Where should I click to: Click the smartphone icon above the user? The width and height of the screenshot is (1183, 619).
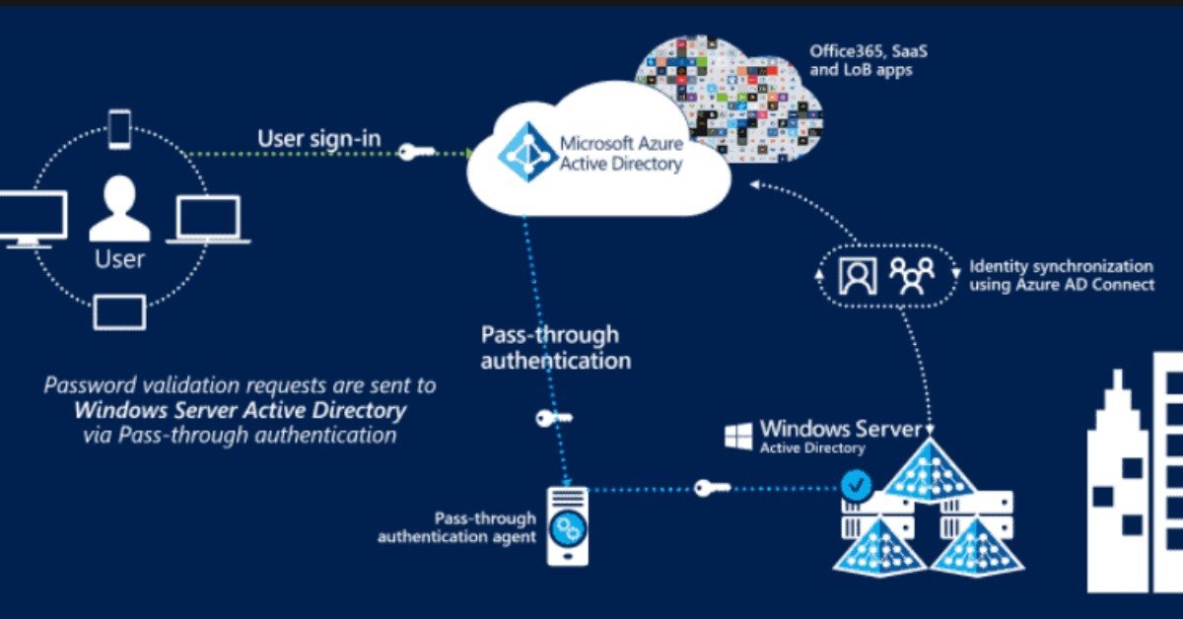coord(119,129)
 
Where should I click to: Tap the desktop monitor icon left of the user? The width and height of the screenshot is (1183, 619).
coord(33,218)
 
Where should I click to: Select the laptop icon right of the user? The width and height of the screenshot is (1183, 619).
coord(208,219)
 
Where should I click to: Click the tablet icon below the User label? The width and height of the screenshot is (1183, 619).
coord(119,311)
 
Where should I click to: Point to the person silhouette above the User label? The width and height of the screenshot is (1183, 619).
coord(119,208)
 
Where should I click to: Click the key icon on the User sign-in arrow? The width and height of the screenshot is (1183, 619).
coord(415,152)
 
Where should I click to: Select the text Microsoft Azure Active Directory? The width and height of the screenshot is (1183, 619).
coord(620,154)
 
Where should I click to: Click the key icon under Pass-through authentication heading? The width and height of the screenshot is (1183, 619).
coord(553,418)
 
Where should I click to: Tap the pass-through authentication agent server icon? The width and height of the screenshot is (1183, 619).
coord(567,526)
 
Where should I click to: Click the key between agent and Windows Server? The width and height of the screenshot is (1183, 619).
coord(713,488)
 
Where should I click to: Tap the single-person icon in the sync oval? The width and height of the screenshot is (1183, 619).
coord(857,276)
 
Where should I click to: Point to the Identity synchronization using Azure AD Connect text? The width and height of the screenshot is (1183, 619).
coord(1061,276)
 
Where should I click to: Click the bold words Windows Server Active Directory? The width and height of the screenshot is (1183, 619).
coord(240,410)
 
